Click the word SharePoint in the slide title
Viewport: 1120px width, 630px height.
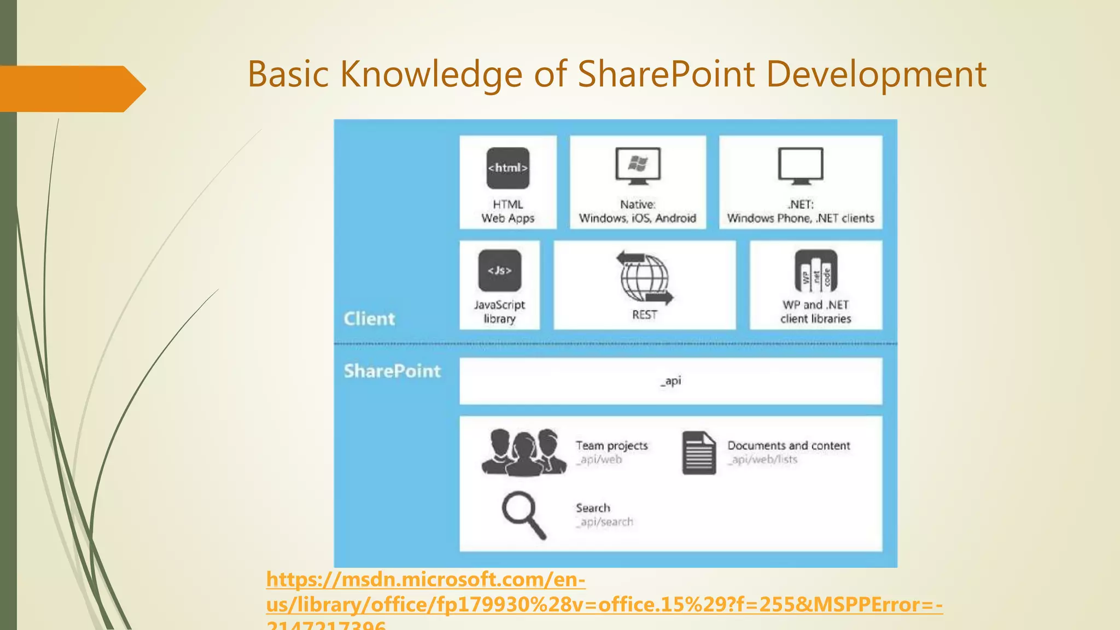(667, 74)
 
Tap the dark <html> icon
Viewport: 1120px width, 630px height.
(507, 168)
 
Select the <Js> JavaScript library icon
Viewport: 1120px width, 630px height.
(499, 271)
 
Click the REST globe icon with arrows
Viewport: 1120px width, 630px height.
(645, 278)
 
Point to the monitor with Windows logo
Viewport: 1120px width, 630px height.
(638, 166)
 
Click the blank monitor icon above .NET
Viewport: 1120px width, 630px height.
(800, 166)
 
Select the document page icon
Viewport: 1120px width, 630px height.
(698, 453)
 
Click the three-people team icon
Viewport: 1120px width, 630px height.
(523, 452)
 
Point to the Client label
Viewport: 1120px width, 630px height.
(369, 319)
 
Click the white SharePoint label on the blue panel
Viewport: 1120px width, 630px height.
(392, 371)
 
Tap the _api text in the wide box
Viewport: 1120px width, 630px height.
(670, 381)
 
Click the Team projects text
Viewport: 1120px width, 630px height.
(611, 446)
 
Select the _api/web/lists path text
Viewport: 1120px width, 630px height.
(762, 460)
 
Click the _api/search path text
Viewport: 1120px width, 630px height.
(604, 522)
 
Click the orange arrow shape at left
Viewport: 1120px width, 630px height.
(71, 89)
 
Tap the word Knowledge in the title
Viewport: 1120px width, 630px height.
(431, 74)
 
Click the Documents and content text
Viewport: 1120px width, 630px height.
(789, 446)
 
